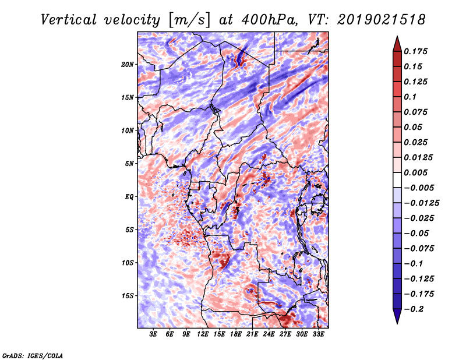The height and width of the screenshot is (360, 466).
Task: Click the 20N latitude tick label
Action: (x=128, y=65)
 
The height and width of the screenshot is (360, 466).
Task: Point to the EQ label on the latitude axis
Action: (x=129, y=197)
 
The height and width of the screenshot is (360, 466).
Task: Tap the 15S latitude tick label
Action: (x=128, y=296)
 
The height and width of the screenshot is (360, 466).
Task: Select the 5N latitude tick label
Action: (x=129, y=164)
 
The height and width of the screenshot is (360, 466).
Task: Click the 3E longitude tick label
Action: (x=153, y=334)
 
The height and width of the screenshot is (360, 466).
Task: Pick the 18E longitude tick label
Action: (x=235, y=334)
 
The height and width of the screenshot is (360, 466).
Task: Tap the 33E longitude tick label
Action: (x=318, y=334)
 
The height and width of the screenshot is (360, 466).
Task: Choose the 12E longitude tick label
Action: (x=202, y=334)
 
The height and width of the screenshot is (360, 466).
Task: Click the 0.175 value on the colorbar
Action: (x=415, y=51)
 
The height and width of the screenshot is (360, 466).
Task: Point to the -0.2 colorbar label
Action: (x=414, y=309)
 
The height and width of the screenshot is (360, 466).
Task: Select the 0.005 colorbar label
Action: (x=415, y=172)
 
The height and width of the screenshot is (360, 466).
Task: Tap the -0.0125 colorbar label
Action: (x=421, y=203)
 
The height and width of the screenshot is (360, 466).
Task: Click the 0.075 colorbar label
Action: (x=415, y=112)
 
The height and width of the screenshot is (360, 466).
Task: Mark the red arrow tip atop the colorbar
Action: (x=397, y=36)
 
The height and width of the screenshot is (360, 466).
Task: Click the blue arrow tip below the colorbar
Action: (x=397, y=323)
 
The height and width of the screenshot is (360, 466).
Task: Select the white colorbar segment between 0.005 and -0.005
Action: (x=397, y=180)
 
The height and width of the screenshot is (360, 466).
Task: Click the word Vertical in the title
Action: (x=69, y=20)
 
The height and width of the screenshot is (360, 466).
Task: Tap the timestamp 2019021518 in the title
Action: (x=381, y=20)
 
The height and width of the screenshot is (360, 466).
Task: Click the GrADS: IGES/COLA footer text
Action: (x=33, y=355)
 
